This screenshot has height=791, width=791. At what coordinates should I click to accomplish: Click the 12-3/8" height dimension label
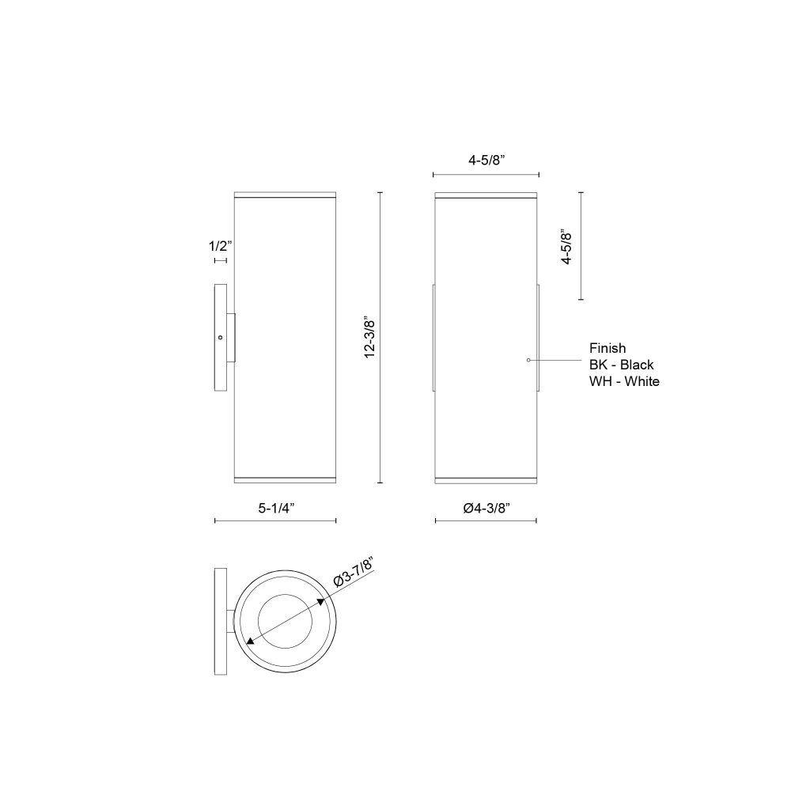click(x=369, y=339)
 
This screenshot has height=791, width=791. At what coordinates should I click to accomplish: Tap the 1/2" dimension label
click(x=221, y=246)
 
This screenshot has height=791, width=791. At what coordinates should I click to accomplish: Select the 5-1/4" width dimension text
click(x=276, y=508)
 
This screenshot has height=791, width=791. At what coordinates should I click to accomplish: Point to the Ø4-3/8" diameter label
click(x=486, y=508)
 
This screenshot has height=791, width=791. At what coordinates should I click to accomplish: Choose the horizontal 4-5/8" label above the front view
click(x=486, y=161)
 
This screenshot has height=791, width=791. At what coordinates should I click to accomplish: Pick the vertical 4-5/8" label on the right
click(x=566, y=247)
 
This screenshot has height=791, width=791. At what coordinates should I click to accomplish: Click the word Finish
click(x=607, y=348)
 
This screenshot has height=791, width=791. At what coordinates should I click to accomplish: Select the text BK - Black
click(x=621, y=365)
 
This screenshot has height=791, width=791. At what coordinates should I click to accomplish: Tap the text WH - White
click(x=624, y=381)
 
